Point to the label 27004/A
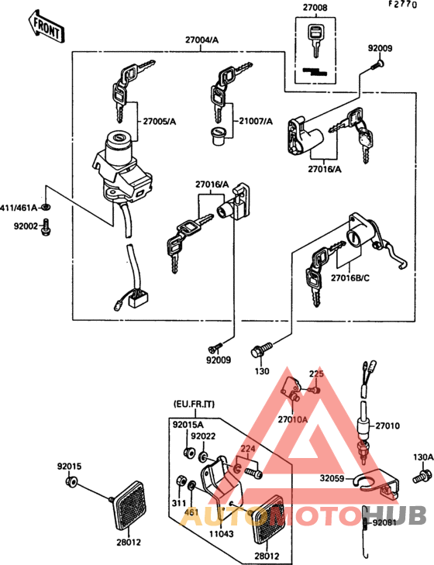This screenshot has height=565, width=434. [x=201, y=39]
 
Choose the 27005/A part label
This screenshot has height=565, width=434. [x=159, y=121]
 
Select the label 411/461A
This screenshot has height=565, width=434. [x=22, y=208]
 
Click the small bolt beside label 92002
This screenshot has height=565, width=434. [x=46, y=226]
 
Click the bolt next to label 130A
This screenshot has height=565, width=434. [x=423, y=474]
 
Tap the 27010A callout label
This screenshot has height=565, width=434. [x=293, y=419]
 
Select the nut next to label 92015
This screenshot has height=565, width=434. [x=71, y=484]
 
